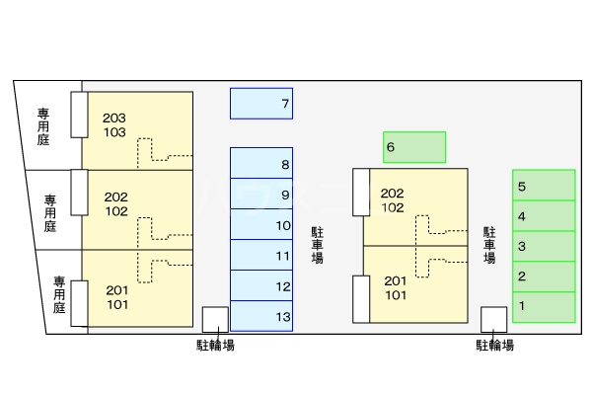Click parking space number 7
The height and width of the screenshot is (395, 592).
point(261,104)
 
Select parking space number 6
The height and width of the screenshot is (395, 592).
point(414,147)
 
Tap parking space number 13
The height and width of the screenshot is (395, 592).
point(261,316)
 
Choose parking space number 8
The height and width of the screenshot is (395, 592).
point(261,164)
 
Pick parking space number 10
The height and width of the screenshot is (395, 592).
point(261,225)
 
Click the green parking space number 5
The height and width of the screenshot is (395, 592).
point(544,186)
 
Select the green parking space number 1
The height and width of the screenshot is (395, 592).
point(544,306)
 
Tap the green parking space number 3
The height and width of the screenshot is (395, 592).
point(544,246)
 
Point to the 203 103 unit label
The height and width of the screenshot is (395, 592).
point(114,124)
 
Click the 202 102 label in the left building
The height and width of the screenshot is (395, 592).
point(115,203)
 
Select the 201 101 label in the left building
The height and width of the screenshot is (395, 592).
point(115,296)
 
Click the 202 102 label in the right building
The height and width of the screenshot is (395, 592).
point(392,199)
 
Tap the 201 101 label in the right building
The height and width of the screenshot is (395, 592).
point(396,287)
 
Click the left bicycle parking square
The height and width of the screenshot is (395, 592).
point(215,319)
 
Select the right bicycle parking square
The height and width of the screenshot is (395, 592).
point(493,319)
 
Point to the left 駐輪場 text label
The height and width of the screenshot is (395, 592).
point(215,345)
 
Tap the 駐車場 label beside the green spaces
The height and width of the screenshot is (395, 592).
point(489,243)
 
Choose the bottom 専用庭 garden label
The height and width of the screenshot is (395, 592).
point(59,293)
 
